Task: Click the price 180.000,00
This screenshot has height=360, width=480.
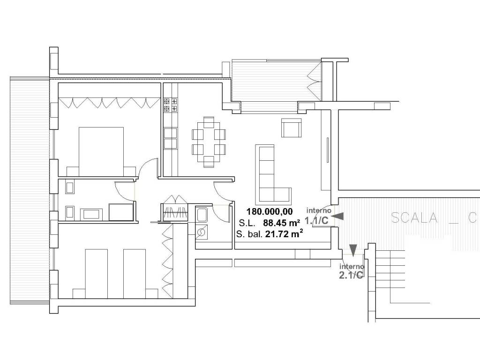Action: pos(270,211)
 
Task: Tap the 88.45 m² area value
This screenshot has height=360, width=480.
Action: pos(281,223)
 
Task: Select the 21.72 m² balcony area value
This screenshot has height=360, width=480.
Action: pos(284,234)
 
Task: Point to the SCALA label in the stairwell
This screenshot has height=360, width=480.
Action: pos(414,217)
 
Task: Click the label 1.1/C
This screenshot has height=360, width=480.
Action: pos(316,220)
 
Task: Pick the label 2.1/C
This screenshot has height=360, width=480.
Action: pos(351,275)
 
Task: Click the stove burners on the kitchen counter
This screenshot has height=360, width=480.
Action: pos(171,105)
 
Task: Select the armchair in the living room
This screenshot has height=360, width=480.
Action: pos(292,127)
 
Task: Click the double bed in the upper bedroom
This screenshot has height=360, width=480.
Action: pos(101,151)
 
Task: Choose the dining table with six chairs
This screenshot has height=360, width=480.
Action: pos(209,142)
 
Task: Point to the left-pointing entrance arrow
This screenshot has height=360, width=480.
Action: pos(337,217)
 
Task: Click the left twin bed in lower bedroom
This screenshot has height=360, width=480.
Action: pos(97,274)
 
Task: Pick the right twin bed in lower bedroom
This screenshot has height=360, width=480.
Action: pos(135,274)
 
